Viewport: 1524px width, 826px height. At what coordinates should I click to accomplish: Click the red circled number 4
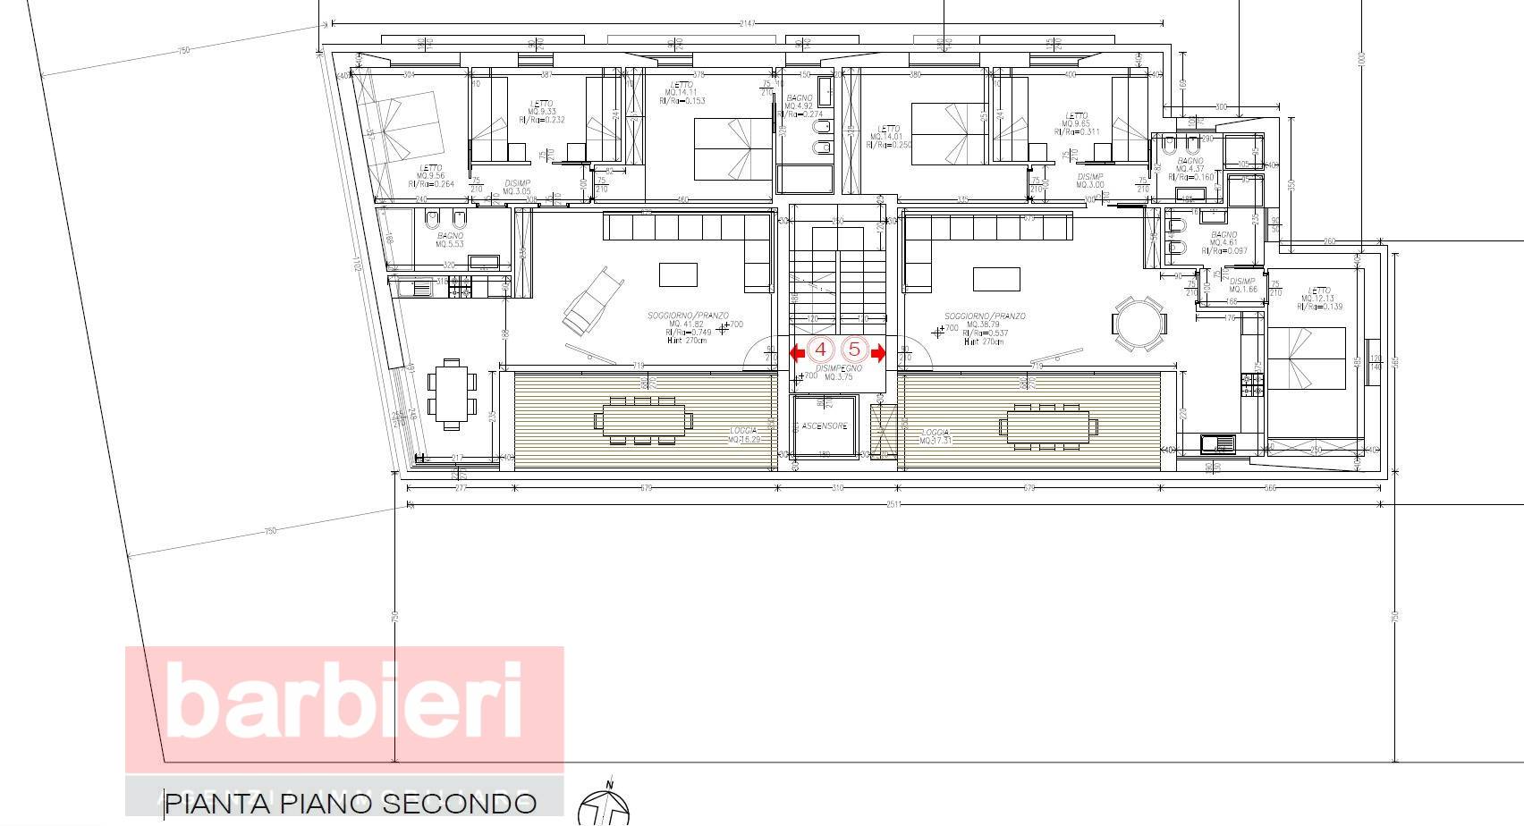[x=821, y=350]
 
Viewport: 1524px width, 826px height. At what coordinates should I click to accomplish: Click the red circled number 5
[x=853, y=350]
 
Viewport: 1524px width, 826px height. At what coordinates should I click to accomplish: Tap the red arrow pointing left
[x=797, y=353]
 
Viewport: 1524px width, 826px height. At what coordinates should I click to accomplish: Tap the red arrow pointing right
[x=878, y=353]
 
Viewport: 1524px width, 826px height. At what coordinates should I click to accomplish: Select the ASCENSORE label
[x=824, y=426]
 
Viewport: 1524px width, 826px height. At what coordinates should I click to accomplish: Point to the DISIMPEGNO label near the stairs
[x=839, y=368]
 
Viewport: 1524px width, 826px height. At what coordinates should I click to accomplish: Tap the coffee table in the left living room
[x=678, y=274]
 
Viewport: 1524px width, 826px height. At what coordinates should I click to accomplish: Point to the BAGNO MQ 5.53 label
[x=450, y=240]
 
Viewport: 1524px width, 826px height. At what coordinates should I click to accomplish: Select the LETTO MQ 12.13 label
[x=1318, y=298]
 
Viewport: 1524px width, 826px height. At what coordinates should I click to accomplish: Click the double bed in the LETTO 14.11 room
[x=733, y=147]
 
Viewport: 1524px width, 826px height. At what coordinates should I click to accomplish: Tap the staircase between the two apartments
[x=837, y=268]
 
